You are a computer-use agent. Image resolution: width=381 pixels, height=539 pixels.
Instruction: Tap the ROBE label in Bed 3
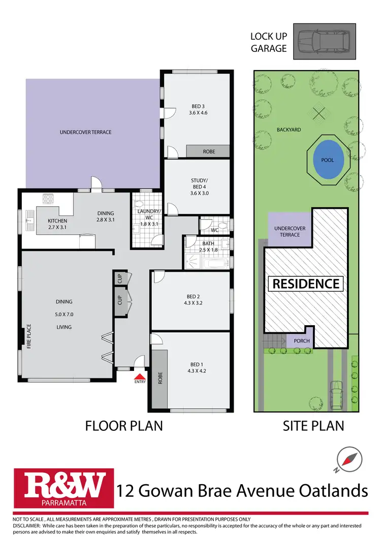pos(209,151)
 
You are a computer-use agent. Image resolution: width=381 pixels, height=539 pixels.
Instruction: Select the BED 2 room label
pos(190,299)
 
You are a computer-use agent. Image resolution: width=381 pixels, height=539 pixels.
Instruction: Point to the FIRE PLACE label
pos(29,336)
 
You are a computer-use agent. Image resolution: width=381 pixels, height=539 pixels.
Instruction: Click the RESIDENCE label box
pos(306,283)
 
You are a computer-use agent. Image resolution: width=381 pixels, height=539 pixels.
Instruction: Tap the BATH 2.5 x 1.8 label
pos(208,247)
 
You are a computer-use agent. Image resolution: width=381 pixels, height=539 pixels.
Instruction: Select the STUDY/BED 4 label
pos(199,186)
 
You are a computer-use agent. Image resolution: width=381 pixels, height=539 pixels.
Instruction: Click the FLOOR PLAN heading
pos(124,425)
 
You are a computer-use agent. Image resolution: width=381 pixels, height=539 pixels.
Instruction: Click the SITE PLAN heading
pos(313,425)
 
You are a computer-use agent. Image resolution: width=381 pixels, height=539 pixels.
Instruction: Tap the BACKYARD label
pos(289,130)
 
